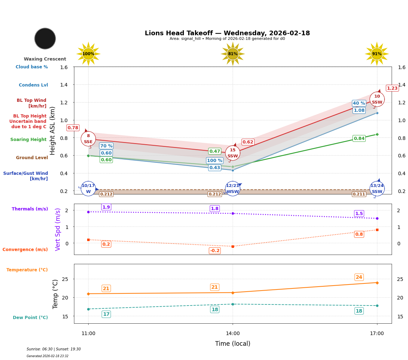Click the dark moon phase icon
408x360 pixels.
tap(45, 38)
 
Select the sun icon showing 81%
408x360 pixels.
tap(233, 54)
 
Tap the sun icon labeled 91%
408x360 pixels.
tap(377, 54)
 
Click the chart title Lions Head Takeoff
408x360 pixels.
tap(227, 33)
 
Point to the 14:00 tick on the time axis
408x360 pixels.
tap(233, 333)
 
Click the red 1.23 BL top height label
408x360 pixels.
tap(392, 88)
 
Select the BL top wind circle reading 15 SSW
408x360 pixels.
tap(233, 153)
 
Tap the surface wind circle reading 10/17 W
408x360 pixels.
tap(88, 188)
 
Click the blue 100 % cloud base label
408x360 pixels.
tap(214, 161)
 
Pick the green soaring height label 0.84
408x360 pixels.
tap(359, 139)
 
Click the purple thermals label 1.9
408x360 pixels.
tap(106, 207)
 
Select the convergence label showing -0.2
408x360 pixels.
tap(214, 251)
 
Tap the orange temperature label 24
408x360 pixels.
tap(359, 277)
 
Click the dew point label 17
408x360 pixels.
tap(106, 314)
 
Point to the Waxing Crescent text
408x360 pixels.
tap(45, 59)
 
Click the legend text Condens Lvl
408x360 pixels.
tap(33, 85)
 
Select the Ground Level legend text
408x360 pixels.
tap(32, 158)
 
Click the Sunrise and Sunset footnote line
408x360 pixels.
tap(54, 349)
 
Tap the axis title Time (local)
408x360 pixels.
tap(233, 344)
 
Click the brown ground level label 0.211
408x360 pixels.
tap(359, 194)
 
